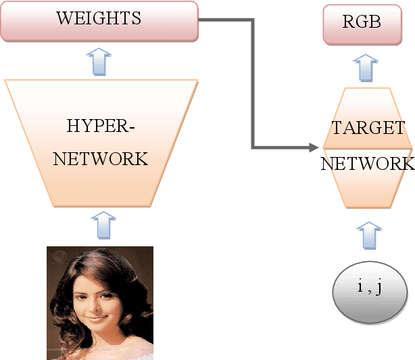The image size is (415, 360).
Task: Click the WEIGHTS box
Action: [x=99, y=20]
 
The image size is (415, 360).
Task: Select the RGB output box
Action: [x=362, y=22]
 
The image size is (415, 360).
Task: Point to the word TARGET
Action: [x=368, y=129]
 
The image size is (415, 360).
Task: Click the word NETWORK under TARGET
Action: [x=367, y=164]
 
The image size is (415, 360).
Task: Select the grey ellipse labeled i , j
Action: [x=370, y=290]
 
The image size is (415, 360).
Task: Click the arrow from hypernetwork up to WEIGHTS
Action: [x=99, y=62]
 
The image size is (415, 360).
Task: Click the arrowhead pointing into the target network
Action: [x=312, y=147]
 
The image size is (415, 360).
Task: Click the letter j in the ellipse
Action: [x=379, y=288]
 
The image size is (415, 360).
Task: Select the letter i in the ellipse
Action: [x=360, y=286]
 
